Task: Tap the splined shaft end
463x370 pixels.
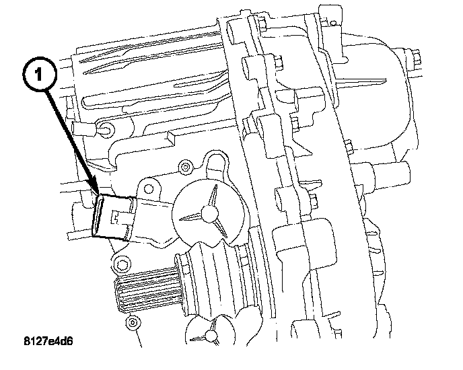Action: (x=141, y=290)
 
